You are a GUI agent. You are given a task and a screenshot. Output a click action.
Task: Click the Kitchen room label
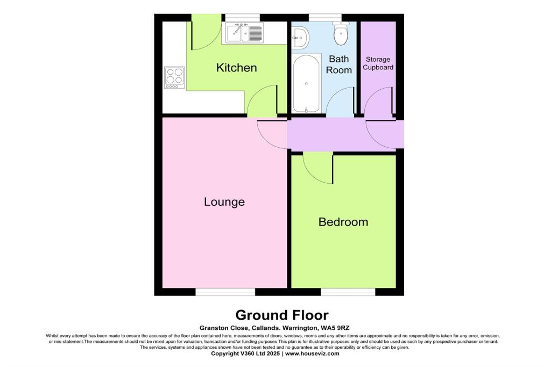[x=236, y=68]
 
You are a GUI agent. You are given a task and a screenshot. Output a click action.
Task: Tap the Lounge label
[x=224, y=202]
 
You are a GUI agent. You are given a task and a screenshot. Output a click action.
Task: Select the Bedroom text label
[x=343, y=221]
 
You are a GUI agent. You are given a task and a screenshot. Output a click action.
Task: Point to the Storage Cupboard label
[x=378, y=63]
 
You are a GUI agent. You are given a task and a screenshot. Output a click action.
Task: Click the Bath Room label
[x=339, y=64]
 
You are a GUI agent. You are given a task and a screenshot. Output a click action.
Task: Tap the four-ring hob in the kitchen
[x=174, y=77]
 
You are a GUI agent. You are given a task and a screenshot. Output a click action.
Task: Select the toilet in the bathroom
[x=341, y=34]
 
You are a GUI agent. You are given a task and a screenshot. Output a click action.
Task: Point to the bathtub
[x=306, y=83]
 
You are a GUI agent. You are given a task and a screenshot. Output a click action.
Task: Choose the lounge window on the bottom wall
[x=225, y=291]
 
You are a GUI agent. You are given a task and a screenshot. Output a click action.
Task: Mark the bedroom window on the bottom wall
[x=348, y=291]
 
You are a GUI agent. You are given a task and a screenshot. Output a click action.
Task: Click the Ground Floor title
[x=282, y=314]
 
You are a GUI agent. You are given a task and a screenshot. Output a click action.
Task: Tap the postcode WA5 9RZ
[x=335, y=328]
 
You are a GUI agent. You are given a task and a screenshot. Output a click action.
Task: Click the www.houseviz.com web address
[x=312, y=354]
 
